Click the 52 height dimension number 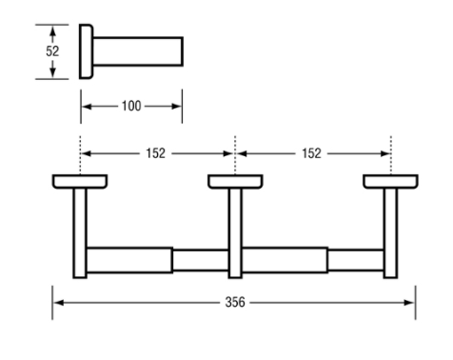click(x=52, y=51)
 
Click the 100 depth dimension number click(x=131, y=106)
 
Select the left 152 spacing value click(x=155, y=153)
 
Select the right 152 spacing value click(x=311, y=153)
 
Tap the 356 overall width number click(x=235, y=302)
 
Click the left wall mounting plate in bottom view click(x=80, y=182)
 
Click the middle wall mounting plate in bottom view click(x=235, y=182)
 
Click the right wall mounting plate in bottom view click(x=390, y=182)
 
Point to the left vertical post click(x=80, y=233)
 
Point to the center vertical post click(x=235, y=233)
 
